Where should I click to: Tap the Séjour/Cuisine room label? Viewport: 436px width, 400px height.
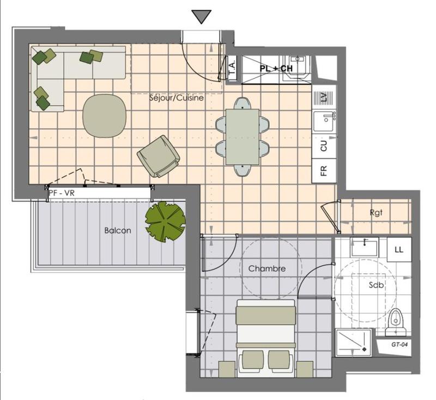tap(176, 99)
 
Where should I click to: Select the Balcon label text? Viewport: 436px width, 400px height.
tap(118, 230)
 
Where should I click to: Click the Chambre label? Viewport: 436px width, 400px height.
tap(267, 268)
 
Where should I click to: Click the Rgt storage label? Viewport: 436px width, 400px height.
tap(377, 213)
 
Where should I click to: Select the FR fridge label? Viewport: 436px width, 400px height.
tap(324, 171)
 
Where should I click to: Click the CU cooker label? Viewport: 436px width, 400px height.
tap(324, 146)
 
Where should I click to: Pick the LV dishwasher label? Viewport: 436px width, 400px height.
tap(324, 97)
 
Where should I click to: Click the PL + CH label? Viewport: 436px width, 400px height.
tap(276, 69)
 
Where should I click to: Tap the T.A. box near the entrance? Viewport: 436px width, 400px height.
tap(231, 69)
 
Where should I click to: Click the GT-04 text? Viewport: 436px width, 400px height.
tap(400, 345)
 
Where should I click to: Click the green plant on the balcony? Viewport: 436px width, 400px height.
tap(165, 221)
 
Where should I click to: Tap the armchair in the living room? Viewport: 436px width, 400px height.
tap(158, 156)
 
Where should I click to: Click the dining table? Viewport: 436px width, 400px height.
tap(243, 136)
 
